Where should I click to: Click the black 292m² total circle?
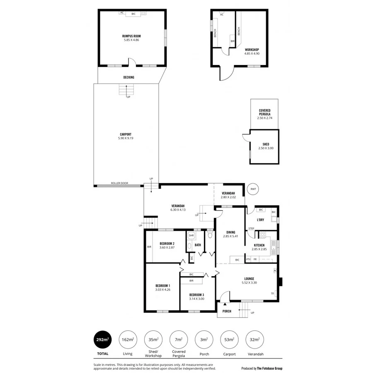(102, 340)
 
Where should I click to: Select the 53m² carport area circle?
(229, 340)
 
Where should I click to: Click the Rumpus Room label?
(132, 36)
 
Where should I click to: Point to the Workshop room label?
(252, 50)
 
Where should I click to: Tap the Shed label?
(266, 144)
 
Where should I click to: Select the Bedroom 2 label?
(167, 244)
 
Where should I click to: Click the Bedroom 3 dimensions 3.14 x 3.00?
(196, 299)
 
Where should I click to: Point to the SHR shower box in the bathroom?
(191, 235)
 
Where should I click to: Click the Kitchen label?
(259, 245)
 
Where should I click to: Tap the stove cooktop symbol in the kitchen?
(262, 235)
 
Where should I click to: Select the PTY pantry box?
(248, 259)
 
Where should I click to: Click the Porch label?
(227, 311)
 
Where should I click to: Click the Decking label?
(128, 78)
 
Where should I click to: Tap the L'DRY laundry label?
(260, 220)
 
